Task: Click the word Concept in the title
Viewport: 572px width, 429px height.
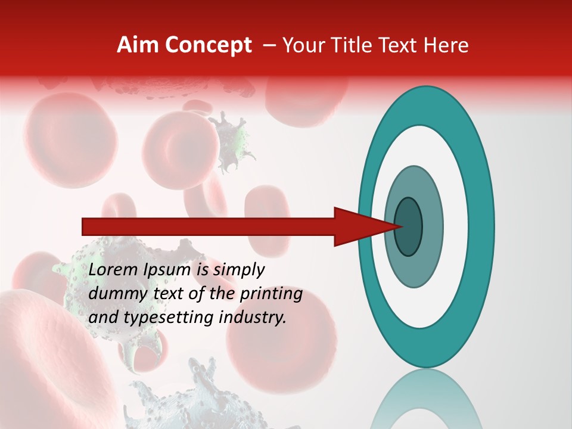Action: tap(209, 45)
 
